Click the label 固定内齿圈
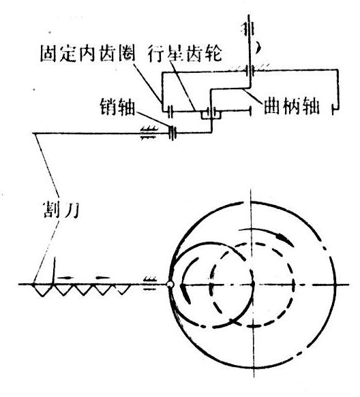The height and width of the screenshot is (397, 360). [x=88, y=54]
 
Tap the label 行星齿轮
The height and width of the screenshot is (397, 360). [x=185, y=53]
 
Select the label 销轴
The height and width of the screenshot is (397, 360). [x=117, y=106]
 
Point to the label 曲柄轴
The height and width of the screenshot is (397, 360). [x=291, y=106]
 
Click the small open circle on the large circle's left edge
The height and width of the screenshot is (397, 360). [x=170, y=285]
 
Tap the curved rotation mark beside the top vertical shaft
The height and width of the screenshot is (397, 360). [x=258, y=48]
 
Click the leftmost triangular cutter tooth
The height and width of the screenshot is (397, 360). [x=42, y=289]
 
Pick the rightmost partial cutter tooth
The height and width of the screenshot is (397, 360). [x=123, y=289]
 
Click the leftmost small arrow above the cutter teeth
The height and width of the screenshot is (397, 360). [x=65, y=278]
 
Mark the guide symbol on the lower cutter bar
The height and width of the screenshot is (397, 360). [x=149, y=283]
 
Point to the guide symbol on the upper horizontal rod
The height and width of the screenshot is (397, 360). [x=148, y=133]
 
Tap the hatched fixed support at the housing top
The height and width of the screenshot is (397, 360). [x=249, y=67]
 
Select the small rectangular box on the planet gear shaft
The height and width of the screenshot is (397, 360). [x=211, y=114]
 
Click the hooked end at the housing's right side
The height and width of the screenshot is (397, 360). [x=336, y=108]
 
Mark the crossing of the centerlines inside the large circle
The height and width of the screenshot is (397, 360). [x=253, y=285]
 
